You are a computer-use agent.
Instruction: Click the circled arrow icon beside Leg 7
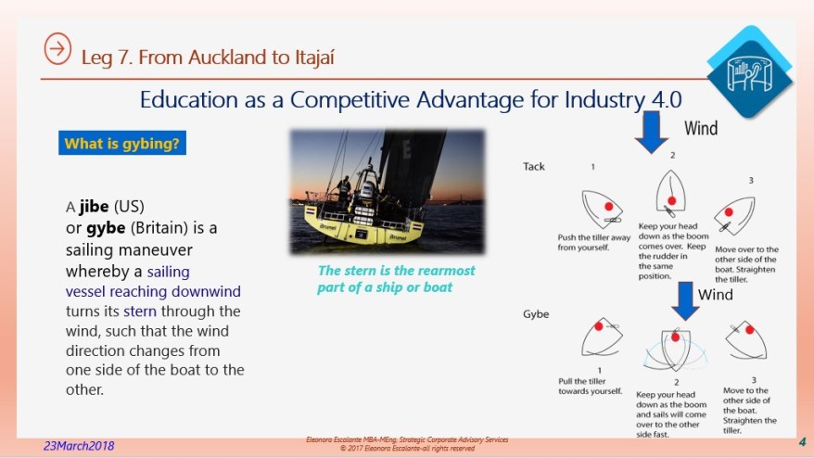click(57, 51)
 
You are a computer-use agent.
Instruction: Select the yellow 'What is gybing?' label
click(121, 144)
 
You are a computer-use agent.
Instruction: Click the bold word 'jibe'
click(93, 206)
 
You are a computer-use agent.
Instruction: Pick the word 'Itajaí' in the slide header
click(304, 57)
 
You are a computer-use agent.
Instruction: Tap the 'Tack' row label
click(534, 167)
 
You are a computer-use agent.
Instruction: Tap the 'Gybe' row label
click(536, 313)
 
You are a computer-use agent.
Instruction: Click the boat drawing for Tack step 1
click(602, 208)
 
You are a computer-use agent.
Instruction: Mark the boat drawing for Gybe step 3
click(746, 339)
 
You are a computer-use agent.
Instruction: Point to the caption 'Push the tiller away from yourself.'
click(594, 241)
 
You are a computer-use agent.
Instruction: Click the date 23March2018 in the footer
click(79, 446)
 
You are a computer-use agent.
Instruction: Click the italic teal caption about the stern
click(396, 278)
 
